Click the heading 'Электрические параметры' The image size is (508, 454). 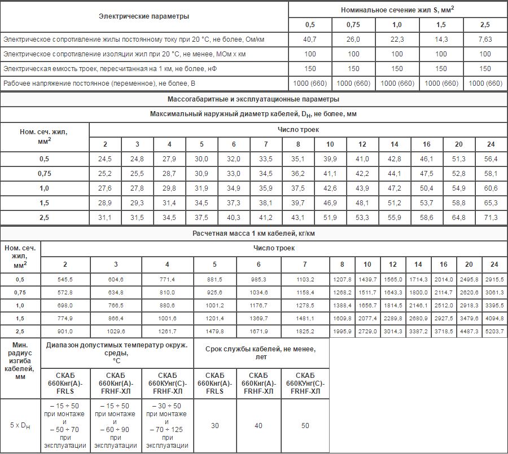[144, 16]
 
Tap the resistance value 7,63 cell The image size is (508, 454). [485, 39]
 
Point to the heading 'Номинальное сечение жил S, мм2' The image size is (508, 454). [398, 10]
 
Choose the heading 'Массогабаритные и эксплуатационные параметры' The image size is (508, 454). [253, 99]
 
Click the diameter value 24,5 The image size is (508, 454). [105, 159]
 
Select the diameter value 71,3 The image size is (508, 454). [491, 218]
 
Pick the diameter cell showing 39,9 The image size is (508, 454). [330, 159]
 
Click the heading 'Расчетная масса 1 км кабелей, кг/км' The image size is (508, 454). [253, 232]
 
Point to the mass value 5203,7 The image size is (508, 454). [494, 332]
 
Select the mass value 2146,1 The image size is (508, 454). [418, 306]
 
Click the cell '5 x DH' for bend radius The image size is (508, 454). [20, 426]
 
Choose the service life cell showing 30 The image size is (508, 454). [215, 426]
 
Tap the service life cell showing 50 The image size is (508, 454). [305, 426]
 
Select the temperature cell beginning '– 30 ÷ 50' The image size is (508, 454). [167, 426]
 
